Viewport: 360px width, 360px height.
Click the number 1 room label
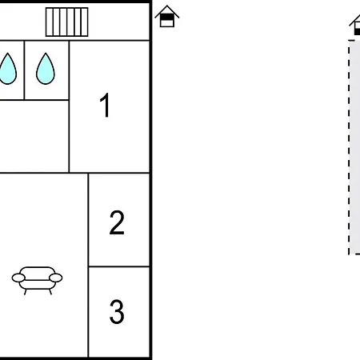point(105,105)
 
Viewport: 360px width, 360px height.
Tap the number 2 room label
point(117,222)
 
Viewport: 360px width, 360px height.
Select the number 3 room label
point(117,312)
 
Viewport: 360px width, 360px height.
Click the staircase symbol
point(66,22)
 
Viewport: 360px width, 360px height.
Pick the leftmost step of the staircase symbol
point(50,22)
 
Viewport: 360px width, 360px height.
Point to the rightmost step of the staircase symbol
point(84,22)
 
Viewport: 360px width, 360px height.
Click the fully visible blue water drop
point(46,69)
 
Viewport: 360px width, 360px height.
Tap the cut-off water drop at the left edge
point(7,69)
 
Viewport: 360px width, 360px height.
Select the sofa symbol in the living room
point(37,280)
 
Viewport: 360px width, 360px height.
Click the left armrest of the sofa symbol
point(18,278)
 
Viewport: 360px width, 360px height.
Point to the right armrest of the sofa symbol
point(56,278)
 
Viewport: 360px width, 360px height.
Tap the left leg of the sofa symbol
point(26,292)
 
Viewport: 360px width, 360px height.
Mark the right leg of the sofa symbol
point(50,292)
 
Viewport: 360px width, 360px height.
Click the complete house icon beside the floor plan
point(167,16)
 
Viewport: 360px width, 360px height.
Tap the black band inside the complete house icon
point(167,18)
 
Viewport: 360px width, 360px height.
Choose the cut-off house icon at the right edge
point(355,25)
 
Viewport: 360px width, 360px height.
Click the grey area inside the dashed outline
point(355,147)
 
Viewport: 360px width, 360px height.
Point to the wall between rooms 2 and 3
point(119,266)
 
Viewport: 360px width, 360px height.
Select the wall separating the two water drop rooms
point(24,70)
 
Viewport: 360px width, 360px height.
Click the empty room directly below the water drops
point(34,136)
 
